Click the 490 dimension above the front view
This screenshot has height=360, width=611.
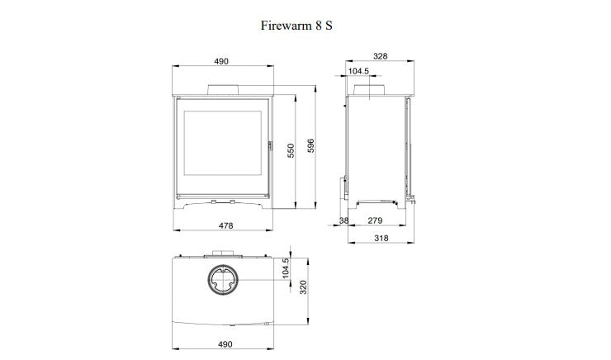[x=221, y=62]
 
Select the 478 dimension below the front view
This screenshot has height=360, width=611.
[x=225, y=225]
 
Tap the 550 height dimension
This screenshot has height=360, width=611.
[x=291, y=151]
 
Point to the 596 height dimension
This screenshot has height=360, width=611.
[x=311, y=144]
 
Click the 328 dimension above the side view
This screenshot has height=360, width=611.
[x=379, y=57]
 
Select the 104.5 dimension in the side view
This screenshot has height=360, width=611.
[x=358, y=71]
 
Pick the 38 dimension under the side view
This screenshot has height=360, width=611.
[x=343, y=221]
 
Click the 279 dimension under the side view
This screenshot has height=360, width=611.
[x=376, y=221]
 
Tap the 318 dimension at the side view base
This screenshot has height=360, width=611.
[x=380, y=239]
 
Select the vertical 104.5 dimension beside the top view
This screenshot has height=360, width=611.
[x=286, y=271]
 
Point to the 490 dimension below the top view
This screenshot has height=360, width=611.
[x=225, y=343]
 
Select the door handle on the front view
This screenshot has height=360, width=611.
[x=270, y=145]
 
